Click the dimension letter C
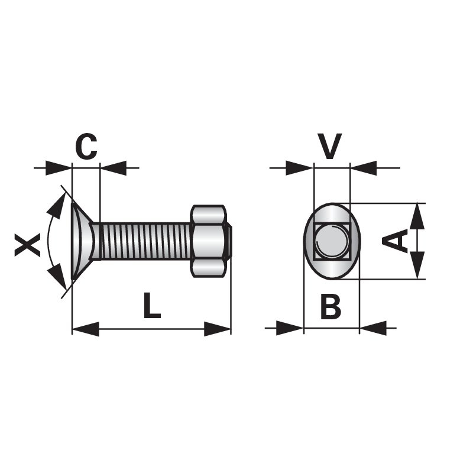click(86, 146)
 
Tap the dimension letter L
click(152, 305)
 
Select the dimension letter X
click(27, 245)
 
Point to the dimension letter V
click(330, 146)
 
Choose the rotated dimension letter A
click(395, 241)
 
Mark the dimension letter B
click(331, 307)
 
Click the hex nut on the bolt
click(209, 241)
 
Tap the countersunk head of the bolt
click(82, 241)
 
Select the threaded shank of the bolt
click(145, 241)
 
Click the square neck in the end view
click(332, 242)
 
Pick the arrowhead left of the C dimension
click(59, 168)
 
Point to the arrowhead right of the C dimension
click(113, 168)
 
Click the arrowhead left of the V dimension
click(299, 168)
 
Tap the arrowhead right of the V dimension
click(364, 168)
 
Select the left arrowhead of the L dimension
click(86, 329)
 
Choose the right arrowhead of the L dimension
click(218, 329)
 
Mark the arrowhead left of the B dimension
click(290, 328)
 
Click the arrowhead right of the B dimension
click(373, 328)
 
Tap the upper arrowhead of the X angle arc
click(57, 205)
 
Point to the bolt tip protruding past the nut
click(229, 241)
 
